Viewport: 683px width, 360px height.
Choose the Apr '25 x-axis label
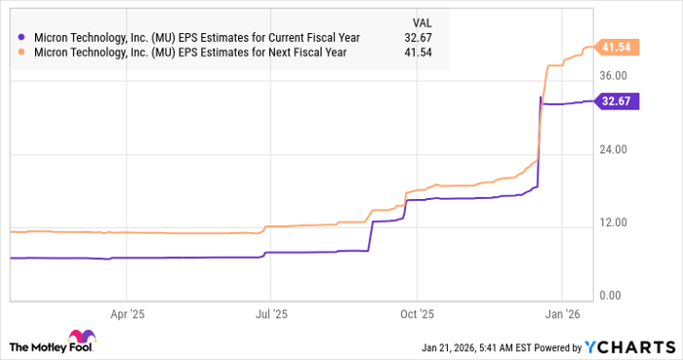tap(127, 315)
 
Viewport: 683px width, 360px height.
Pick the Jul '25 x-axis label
tap(271, 315)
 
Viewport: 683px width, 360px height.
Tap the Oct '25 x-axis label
tap(417, 315)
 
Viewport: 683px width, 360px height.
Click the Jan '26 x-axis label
tap(562, 315)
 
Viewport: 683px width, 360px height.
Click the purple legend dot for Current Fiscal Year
tap(21, 38)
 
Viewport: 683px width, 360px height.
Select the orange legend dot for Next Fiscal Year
tap(21, 55)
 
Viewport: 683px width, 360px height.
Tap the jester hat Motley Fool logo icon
tap(20, 346)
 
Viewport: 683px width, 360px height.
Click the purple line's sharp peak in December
tap(541, 97)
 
